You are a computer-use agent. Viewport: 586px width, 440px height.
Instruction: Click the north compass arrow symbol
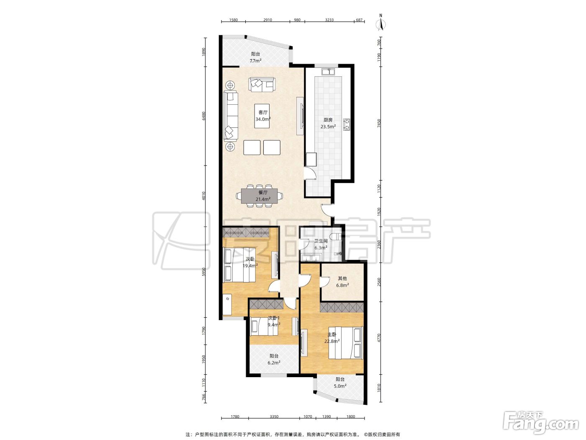[x=381, y=23]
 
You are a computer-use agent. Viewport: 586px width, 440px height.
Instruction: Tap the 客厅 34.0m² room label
[x=263, y=116]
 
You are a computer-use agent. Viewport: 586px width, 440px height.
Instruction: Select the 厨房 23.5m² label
[x=328, y=124]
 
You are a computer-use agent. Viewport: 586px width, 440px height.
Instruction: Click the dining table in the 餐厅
[x=259, y=196]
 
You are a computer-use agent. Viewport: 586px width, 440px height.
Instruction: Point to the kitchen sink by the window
[x=328, y=72]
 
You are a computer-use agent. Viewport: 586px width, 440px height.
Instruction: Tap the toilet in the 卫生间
[x=335, y=236]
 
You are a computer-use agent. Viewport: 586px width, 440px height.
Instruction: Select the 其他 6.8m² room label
[x=342, y=282]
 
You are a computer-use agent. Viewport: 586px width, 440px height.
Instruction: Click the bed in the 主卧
[x=346, y=343]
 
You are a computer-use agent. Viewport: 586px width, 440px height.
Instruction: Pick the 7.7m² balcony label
[x=255, y=57]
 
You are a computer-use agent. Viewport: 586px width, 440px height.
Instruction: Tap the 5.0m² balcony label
[x=340, y=383]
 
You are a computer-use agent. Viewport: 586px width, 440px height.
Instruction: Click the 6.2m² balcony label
[x=274, y=359]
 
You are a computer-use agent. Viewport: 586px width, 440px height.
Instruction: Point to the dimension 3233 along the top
[x=329, y=20]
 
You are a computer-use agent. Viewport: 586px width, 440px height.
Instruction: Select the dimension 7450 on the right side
[x=379, y=124]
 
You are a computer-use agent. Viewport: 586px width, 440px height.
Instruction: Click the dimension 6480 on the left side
[x=204, y=116]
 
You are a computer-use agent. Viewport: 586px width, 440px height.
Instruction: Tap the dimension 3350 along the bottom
[x=274, y=417]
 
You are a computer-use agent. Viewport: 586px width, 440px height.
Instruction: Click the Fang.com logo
[x=540, y=423]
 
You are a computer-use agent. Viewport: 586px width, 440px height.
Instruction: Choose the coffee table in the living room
[x=262, y=116]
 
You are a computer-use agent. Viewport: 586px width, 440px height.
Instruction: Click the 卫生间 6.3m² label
[x=321, y=244]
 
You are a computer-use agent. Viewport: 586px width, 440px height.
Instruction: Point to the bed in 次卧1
[x=264, y=327]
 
